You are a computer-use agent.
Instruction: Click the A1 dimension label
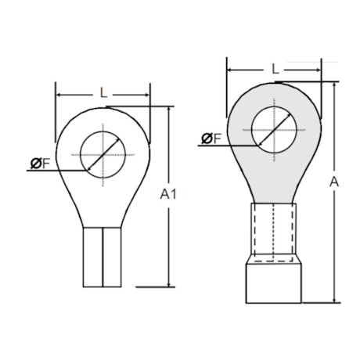tap(167, 193)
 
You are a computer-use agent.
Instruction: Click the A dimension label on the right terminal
tap(334, 182)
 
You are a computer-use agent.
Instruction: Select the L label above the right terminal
tap(275, 69)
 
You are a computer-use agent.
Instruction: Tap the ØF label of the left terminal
tap(41, 163)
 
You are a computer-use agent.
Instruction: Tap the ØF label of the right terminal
tap(211, 139)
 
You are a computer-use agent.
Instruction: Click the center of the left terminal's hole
tap(103, 153)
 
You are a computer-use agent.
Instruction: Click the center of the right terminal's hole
tap(275, 128)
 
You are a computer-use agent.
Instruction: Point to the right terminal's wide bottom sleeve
tap(275, 283)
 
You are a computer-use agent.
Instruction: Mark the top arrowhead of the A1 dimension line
tap(168, 110)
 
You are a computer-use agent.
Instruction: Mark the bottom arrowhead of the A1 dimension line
tap(168, 283)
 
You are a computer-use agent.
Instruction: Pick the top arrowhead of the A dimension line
tap(334, 84)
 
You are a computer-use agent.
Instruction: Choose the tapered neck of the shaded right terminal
tap(275, 184)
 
